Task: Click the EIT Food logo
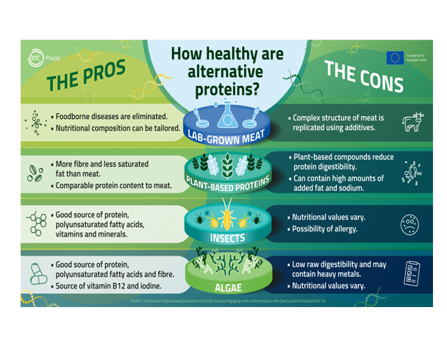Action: coord(46,57)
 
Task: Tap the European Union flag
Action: coord(396,57)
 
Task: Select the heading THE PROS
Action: coord(87,74)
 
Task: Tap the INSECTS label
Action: coord(224,238)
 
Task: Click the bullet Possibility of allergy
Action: coord(326,229)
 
